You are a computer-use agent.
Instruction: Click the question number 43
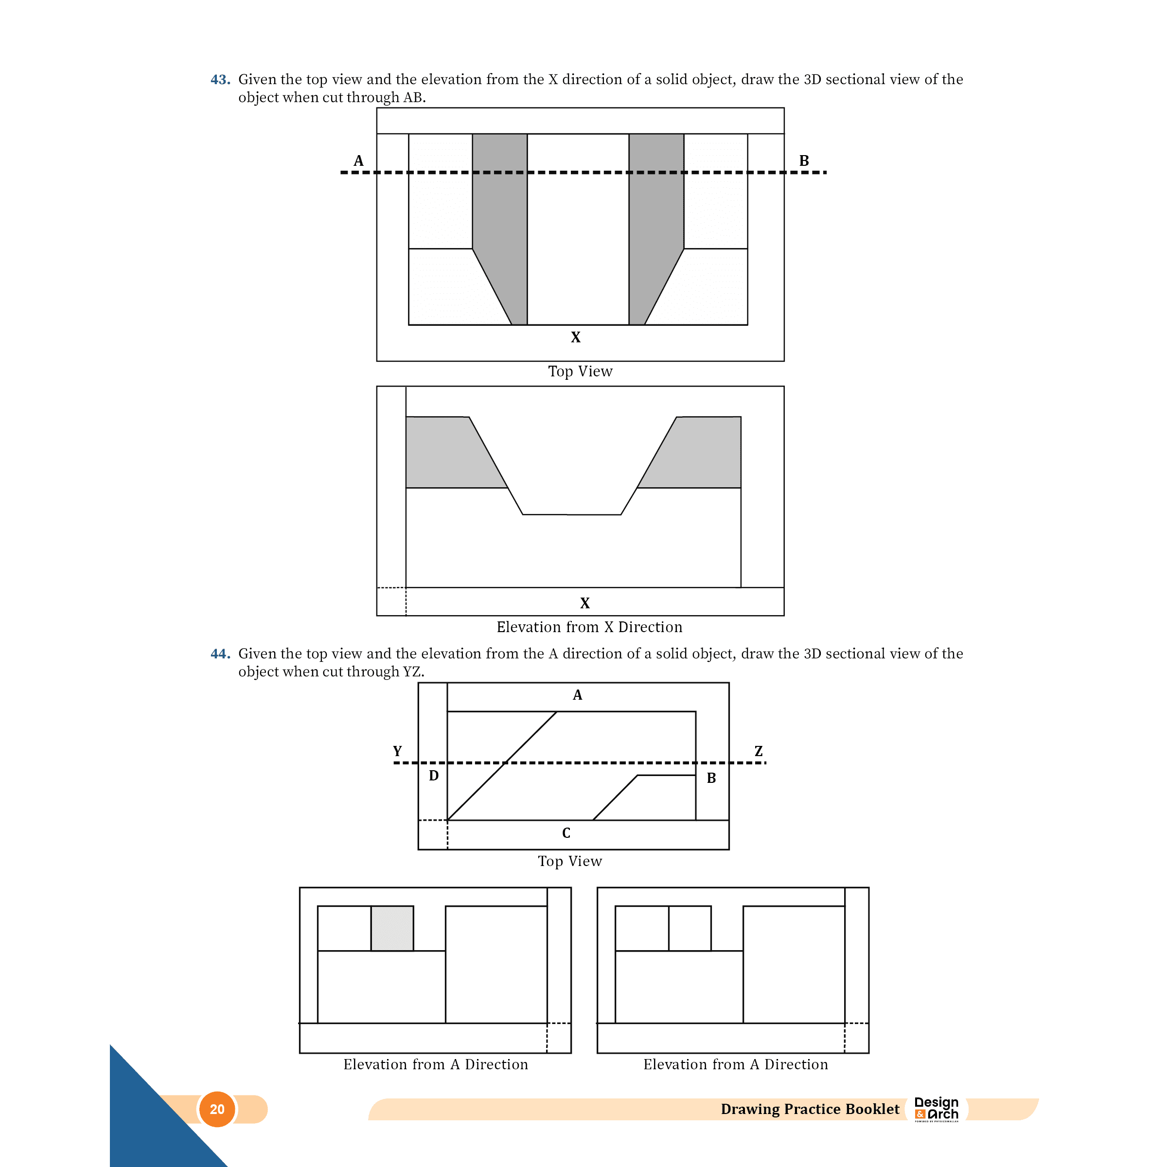220,80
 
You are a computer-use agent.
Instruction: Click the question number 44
220,654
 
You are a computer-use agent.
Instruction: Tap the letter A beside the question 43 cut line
359,160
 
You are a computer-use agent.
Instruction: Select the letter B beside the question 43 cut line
804,160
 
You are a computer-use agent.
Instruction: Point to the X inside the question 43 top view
576,337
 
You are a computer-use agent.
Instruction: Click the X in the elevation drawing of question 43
584,603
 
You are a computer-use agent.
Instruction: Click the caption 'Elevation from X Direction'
589,627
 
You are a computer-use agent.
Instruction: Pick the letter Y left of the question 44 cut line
397,751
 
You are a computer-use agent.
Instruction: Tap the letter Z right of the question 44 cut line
759,751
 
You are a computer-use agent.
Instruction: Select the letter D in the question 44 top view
434,776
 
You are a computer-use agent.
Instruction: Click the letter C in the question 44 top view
566,833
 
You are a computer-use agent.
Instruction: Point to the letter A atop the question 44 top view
578,695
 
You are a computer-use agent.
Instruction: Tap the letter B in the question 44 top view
711,778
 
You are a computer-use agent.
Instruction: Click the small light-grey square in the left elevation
392,928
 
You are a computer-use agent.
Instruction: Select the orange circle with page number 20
217,1109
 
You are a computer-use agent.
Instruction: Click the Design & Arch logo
936,1109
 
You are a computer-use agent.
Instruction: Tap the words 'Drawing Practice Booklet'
810,1109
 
